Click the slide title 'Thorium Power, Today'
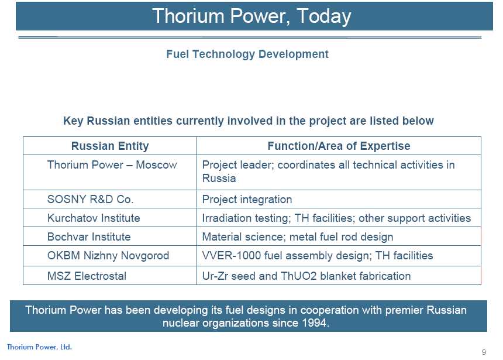(x=252, y=16)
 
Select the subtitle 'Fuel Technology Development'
(x=247, y=54)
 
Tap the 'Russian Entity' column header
(x=110, y=146)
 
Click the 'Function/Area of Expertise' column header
(x=339, y=146)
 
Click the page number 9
(x=484, y=352)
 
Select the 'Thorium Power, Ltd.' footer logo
(x=39, y=347)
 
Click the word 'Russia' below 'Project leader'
(x=219, y=178)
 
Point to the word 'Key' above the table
(x=74, y=121)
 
